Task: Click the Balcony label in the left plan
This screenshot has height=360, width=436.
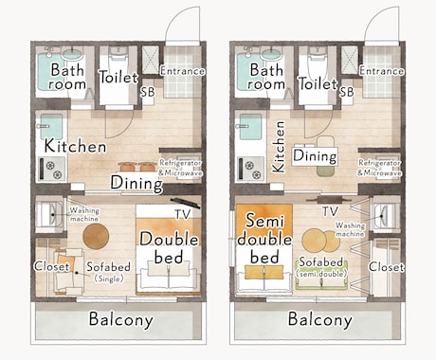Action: (x=121, y=319)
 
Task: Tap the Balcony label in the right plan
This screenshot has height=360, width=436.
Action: (x=320, y=319)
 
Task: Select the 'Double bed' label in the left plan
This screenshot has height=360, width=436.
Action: (x=169, y=248)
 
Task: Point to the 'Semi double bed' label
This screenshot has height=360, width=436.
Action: (x=264, y=239)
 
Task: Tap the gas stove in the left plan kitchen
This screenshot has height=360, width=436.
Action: (x=52, y=169)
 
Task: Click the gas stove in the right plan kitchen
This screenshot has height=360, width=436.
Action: (x=252, y=169)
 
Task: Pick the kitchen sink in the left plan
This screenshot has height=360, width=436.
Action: (x=51, y=126)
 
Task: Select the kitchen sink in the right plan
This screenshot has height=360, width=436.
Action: (x=250, y=126)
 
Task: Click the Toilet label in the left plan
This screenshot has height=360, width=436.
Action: (x=118, y=77)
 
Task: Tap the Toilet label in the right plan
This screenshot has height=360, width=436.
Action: (x=318, y=83)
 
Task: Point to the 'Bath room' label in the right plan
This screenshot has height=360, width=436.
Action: (x=266, y=77)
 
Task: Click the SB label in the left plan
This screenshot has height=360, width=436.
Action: (x=148, y=92)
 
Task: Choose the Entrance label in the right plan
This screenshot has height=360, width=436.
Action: (x=381, y=71)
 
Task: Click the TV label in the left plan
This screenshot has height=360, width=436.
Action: (x=183, y=214)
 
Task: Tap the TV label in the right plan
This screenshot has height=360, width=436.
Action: (x=330, y=211)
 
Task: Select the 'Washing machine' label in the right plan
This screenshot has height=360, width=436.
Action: (x=350, y=229)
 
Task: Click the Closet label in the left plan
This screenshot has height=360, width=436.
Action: (x=51, y=266)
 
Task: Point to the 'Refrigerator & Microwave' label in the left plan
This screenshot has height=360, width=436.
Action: (x=180, y=168)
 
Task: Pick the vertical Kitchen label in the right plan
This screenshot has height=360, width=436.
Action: (x=280, y=147)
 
